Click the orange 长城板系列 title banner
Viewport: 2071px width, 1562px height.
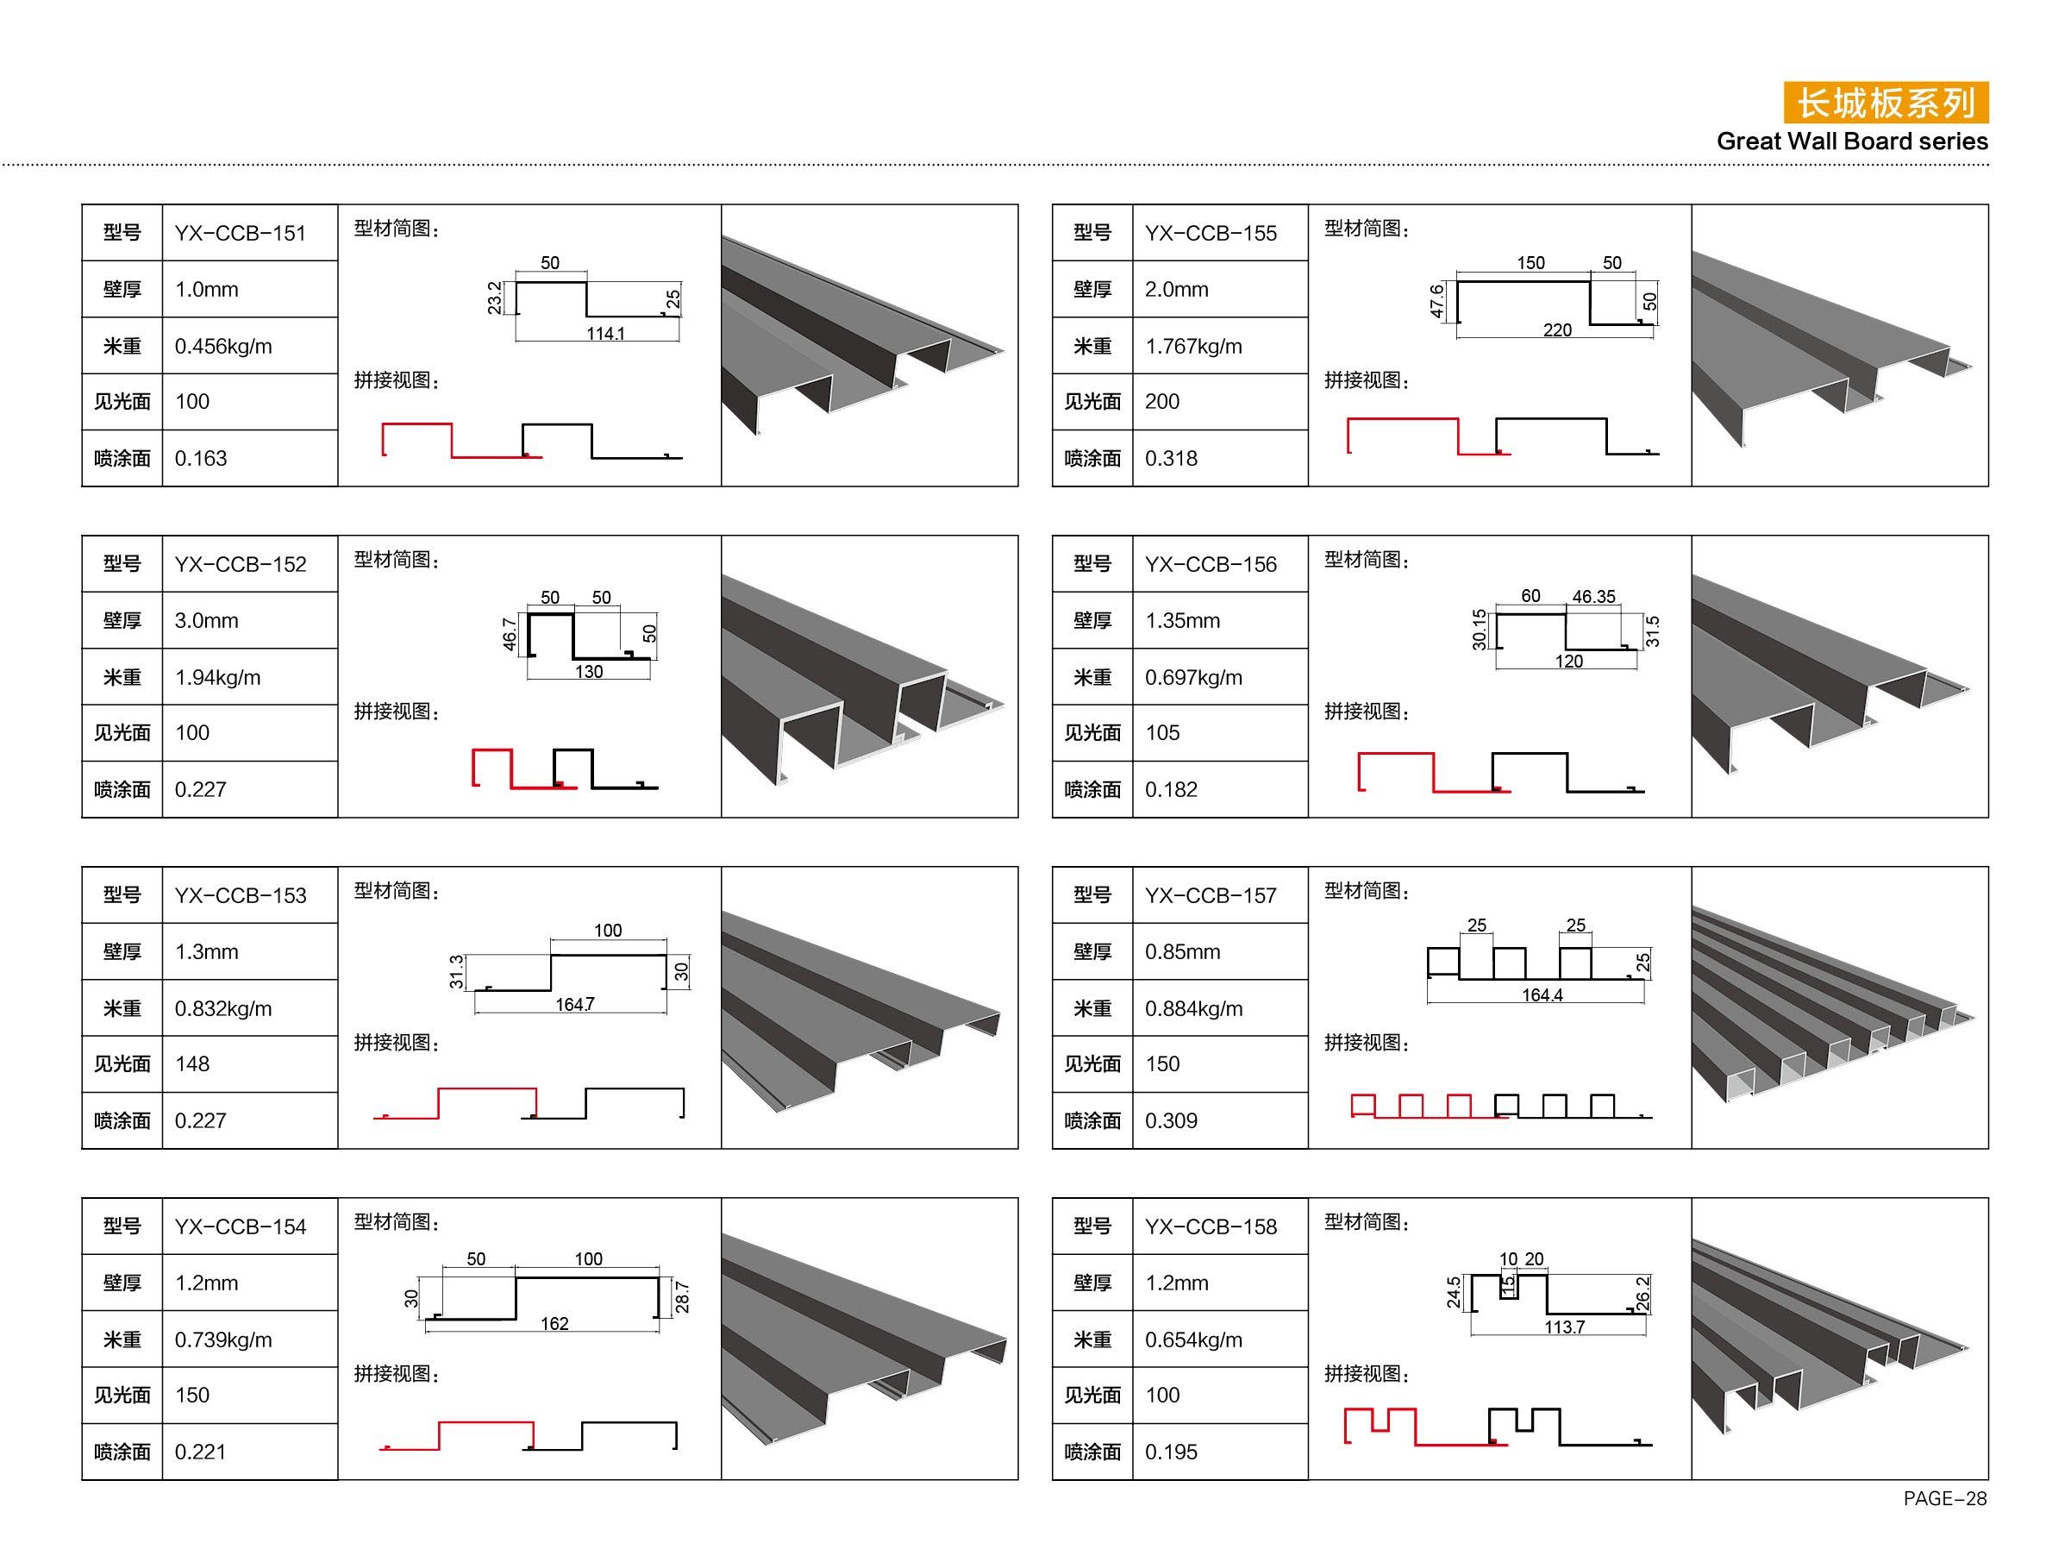1885,103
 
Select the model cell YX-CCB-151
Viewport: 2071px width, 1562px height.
241,233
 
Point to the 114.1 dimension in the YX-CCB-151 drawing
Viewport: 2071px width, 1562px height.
606,334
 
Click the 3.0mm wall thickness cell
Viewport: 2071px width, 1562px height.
207,621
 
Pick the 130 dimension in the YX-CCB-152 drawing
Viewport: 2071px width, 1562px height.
589,671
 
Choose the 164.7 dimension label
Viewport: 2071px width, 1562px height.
575,1004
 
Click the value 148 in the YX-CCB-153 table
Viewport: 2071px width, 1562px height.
192,1063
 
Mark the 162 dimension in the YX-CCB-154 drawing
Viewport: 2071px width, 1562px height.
554,1323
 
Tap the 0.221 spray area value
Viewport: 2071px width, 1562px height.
200,1452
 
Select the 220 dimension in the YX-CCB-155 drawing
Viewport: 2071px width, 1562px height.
1557,329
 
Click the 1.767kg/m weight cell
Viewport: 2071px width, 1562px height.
1194,347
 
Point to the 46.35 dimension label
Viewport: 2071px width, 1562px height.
1593,597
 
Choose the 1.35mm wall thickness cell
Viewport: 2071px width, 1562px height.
1182,621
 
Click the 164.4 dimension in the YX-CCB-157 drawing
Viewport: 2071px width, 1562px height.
1542,994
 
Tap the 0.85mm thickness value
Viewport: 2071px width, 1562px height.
1182,951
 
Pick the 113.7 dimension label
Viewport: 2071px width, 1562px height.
1565,1326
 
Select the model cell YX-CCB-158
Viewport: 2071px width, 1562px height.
1211,1226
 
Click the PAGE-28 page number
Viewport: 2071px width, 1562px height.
1944,1498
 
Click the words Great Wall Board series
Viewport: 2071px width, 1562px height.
1852,141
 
